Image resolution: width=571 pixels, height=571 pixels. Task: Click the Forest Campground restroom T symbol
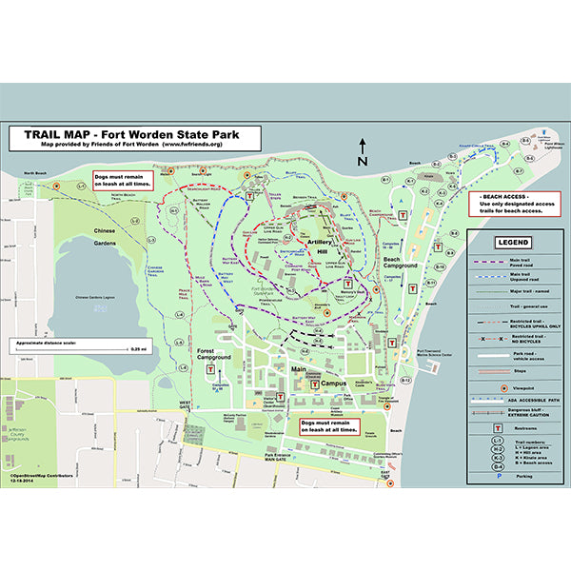pos(218,370)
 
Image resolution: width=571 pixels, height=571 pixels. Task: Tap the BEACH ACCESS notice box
pos(512,203)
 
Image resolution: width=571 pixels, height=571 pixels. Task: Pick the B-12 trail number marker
pos(405,381)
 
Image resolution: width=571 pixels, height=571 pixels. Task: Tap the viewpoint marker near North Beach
pos(57,187)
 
